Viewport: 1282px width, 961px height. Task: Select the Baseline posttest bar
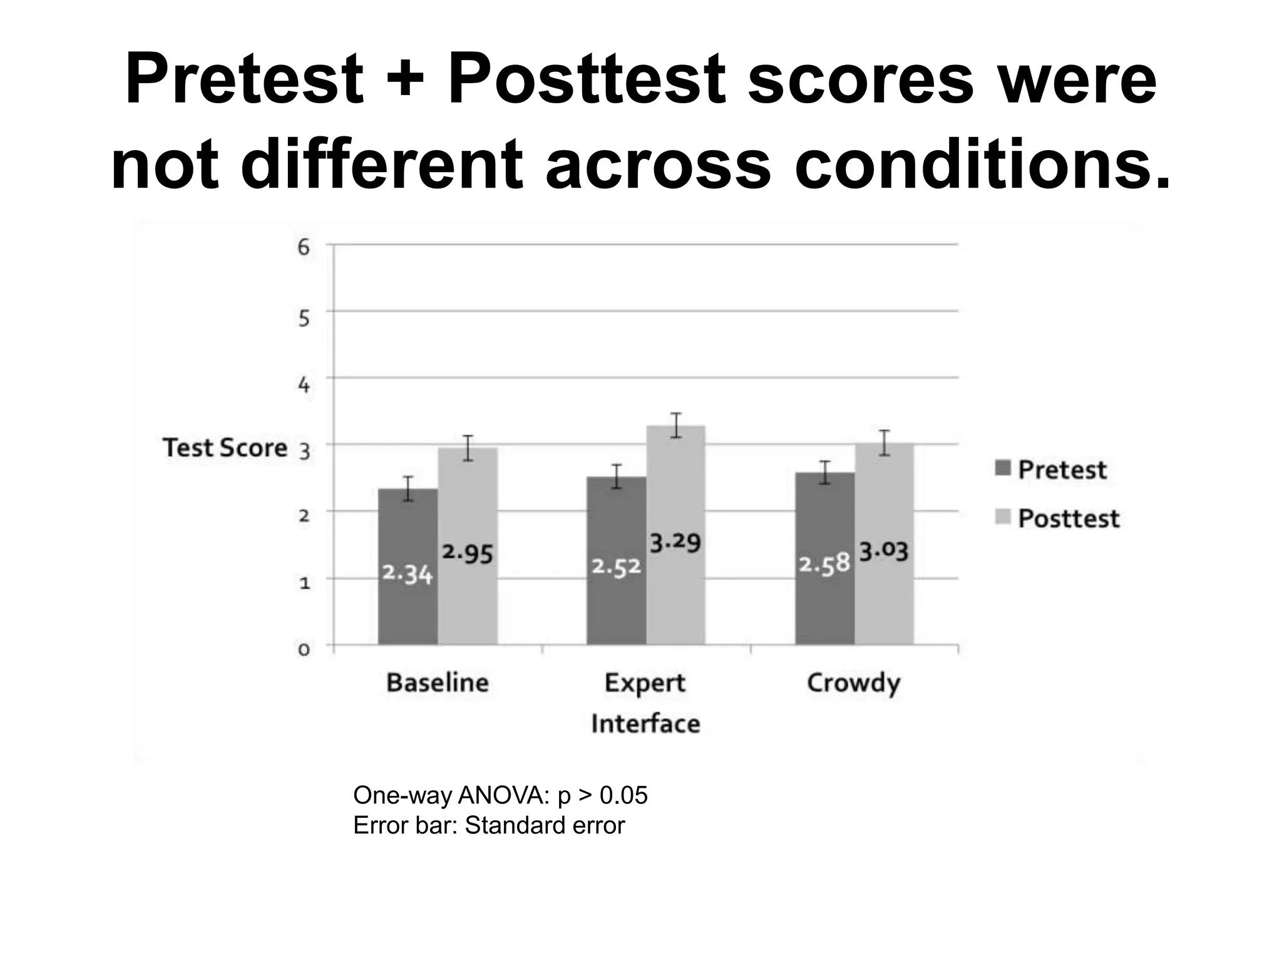[468, 601]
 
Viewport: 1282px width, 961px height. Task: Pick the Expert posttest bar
[675, 601]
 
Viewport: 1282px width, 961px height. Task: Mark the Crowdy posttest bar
[884, 601]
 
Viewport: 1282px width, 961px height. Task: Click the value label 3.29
[675, 542]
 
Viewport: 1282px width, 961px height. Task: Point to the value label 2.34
[408, 573]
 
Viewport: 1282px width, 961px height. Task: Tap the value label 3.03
[883, 552]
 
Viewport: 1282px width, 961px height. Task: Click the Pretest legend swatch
[1003, 468]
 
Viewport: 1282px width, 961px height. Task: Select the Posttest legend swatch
[1003, 517]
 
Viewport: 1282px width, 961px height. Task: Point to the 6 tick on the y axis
[304, 248]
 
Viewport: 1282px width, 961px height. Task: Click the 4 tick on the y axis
[304, 384]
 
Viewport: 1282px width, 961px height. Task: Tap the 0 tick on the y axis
[304, 649]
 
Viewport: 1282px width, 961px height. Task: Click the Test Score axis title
[225, 448]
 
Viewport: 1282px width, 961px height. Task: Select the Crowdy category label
[853, 683]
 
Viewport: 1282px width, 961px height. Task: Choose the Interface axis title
[645, 724]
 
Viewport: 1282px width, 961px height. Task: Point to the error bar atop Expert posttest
[675, 425]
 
